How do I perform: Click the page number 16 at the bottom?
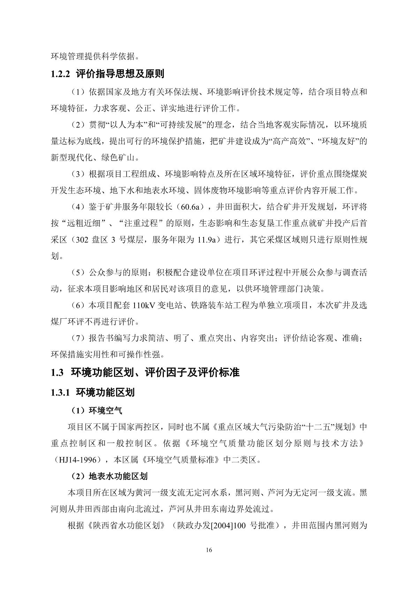pos(209,550)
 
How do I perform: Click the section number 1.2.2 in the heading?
pos(61,74)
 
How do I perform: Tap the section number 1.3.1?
pos(61,392)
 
